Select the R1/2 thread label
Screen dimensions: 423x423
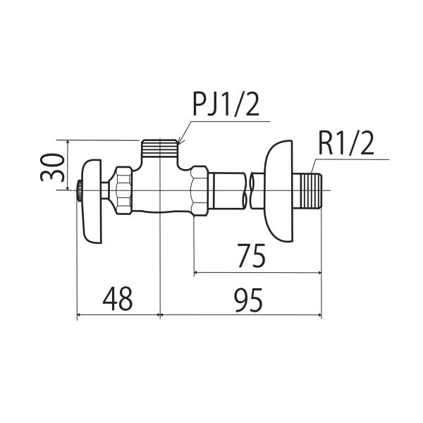pos(346,144)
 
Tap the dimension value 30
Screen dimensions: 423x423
pos(53,167)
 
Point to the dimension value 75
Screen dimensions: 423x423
pos(252,255)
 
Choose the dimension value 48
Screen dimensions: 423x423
pos(118,299)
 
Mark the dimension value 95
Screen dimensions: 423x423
pos(249,300)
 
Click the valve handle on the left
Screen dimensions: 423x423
pos(92,201)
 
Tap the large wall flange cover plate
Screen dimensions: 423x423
pos(279,191)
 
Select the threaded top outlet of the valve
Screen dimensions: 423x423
pos(160,148)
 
